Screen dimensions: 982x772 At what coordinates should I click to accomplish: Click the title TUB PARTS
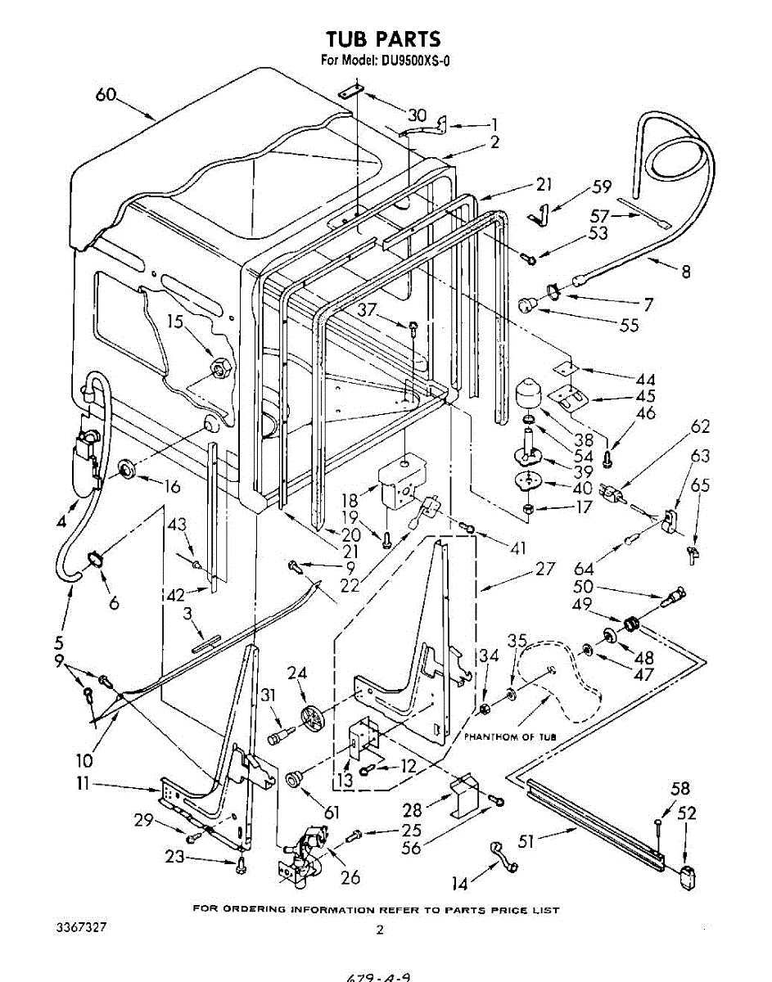[x=383, y=38]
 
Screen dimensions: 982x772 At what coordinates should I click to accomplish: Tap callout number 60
[x=106, y=94]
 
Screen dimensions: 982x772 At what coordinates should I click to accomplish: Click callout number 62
[x=700, y=426]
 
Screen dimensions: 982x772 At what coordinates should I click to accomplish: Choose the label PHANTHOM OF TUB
[x=510, y=736]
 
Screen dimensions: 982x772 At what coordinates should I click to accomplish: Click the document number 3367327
[x=80, y=929]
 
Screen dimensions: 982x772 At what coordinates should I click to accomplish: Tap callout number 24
[x=297, y=673]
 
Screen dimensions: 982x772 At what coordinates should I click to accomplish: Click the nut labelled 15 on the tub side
[x=219, y=368]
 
